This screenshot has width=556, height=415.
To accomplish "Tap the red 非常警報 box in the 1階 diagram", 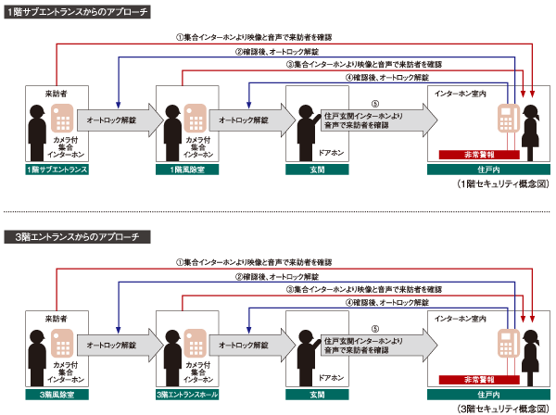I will pos(472,155).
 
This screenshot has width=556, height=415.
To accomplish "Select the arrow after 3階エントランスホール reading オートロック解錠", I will pos(246,345).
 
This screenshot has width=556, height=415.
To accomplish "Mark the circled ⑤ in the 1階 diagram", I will pos(374,104).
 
